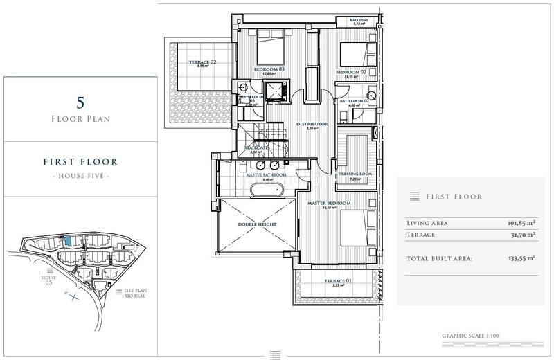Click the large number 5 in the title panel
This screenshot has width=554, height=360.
[80, 104]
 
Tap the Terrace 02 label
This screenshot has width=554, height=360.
[203, 62]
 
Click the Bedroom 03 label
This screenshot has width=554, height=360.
[269, 70]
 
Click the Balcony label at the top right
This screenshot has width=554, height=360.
[359, 20]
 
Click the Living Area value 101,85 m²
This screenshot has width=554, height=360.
[521, 222]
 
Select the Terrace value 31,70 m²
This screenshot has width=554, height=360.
[521, 235]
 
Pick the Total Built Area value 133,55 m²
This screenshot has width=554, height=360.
[521, 258]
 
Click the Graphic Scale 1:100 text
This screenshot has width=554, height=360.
[470, 336]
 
